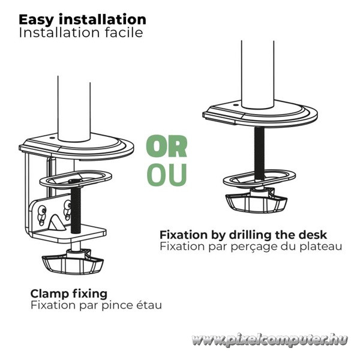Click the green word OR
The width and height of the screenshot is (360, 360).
coord(167,146)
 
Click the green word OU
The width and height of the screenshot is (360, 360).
coord(167,175)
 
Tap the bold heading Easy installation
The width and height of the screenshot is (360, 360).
coord(82,20)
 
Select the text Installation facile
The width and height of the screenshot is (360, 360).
coord(81,33)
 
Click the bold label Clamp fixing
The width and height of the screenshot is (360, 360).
coord(69,294)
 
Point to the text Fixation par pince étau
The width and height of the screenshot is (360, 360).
coord(96,305)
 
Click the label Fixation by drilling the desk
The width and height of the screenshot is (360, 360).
coord(243,235)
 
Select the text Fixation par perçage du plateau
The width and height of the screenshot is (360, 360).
coord(251,247)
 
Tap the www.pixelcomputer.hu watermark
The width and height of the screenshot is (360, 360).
coord(269,340)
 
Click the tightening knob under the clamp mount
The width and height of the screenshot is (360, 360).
coord(73,262)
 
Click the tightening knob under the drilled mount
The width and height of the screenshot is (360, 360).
coord(256,200)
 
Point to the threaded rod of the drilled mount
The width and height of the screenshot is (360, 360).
coord(259,153)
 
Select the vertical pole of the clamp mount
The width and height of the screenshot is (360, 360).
coord(74,108)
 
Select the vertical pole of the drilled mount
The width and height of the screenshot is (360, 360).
coord(257,74)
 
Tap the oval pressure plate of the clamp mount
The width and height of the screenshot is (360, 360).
coord(76,179)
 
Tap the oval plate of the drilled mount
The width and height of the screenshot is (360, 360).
coord(259,178)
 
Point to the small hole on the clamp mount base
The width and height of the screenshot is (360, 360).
coord(52,138)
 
